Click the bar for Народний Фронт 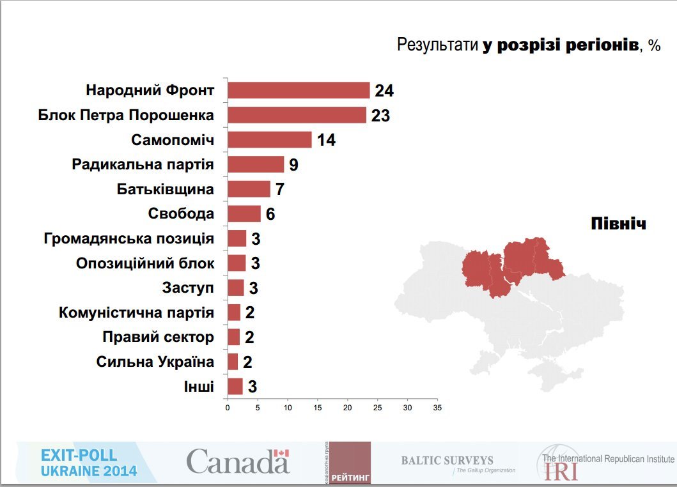tap(299, 90)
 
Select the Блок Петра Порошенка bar tap(297, 115)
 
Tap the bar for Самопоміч tap(269, 140)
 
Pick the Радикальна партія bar tap(255, 164)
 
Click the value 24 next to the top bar tap(384, 91)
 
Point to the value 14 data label tap(326, 141)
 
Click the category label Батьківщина tap(165, 189)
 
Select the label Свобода tap(181, 213)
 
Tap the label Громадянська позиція tap(129, 238)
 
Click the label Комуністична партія tap(136, 313)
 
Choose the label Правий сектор tap(158, 337)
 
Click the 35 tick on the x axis tap(437, 407)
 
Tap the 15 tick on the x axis tap(318, 407)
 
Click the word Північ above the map tap(618, 224)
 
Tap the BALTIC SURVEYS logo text tap(447, 460)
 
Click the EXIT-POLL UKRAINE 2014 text tap(89, 463)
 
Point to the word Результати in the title tap(437, 45)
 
